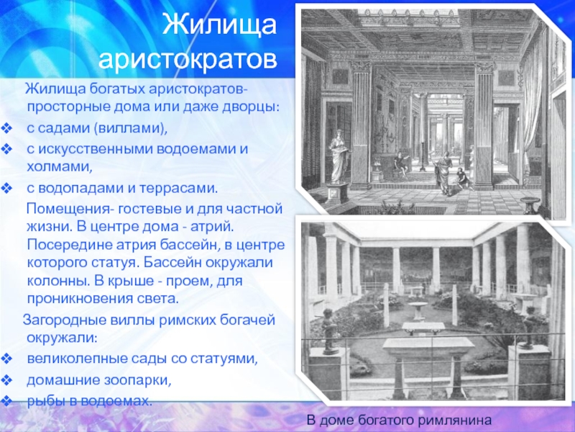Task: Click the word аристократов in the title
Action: pos(188,59)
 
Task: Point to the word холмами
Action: pos(59,167)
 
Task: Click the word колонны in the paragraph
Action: pos(58,281)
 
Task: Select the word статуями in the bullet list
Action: pos(225,359)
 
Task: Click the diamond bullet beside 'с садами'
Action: pos(7,129)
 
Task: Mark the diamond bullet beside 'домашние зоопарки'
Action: pos(7,379)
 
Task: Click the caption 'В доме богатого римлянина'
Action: pos(399,420)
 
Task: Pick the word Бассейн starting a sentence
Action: pos(171,263)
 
